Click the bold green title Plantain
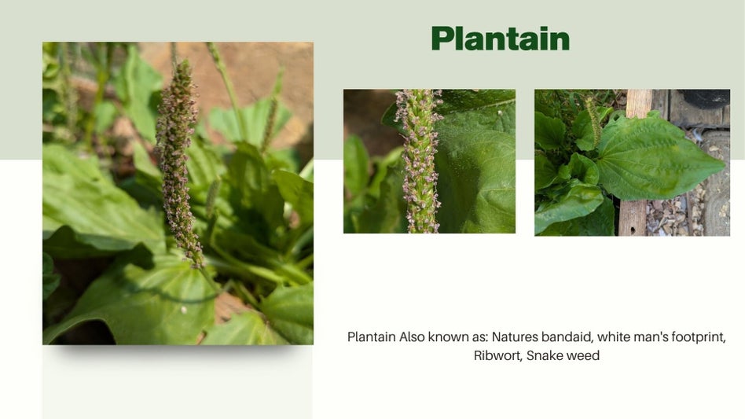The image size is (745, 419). (501, 39)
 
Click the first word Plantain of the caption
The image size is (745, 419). (372, 336)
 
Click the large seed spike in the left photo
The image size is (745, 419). (178, 161)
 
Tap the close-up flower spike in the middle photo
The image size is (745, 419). (418, 160)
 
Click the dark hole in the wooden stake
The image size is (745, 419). (632, 231)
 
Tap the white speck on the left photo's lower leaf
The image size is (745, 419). (184, 311)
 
